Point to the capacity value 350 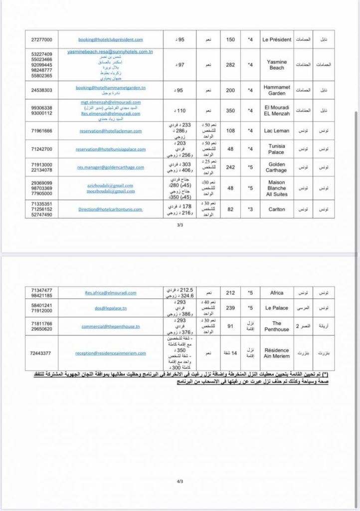tap(230, 110)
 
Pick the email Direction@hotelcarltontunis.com tap(111, 210)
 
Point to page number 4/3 tap(180, 482)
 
